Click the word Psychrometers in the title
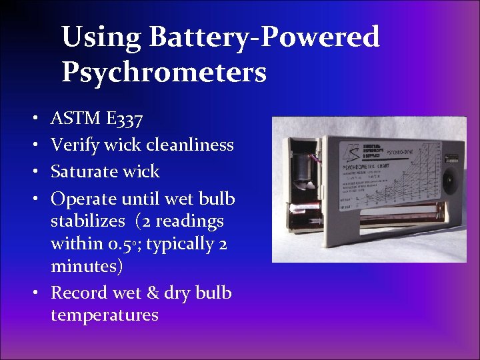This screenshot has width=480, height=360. click(164, 72)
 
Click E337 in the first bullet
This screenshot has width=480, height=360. click(123, 119)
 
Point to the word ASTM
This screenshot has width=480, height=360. click(75, 119)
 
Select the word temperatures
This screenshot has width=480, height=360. click(105, 314)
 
